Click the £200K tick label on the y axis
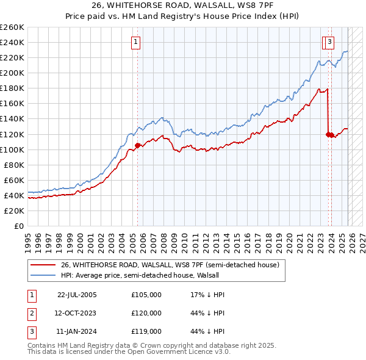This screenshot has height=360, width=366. tap(12, 73)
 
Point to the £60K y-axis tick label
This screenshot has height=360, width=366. tap(14, 180)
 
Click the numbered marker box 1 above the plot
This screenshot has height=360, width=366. tap(135, 42)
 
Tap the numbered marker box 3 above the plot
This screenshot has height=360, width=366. tap(329, 42)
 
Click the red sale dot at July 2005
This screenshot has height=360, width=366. tap(137, 145)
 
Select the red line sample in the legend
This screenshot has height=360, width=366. tap(43, 265)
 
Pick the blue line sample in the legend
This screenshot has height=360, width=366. tap(43, 276)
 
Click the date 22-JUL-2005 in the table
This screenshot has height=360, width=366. tap(77, 295)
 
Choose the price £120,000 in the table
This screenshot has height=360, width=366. tap(146, 313)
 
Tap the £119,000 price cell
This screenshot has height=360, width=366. tap(146, 331)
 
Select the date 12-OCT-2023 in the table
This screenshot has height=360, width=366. tap(77, 313)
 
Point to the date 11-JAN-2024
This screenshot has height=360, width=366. tap(77, 331)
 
